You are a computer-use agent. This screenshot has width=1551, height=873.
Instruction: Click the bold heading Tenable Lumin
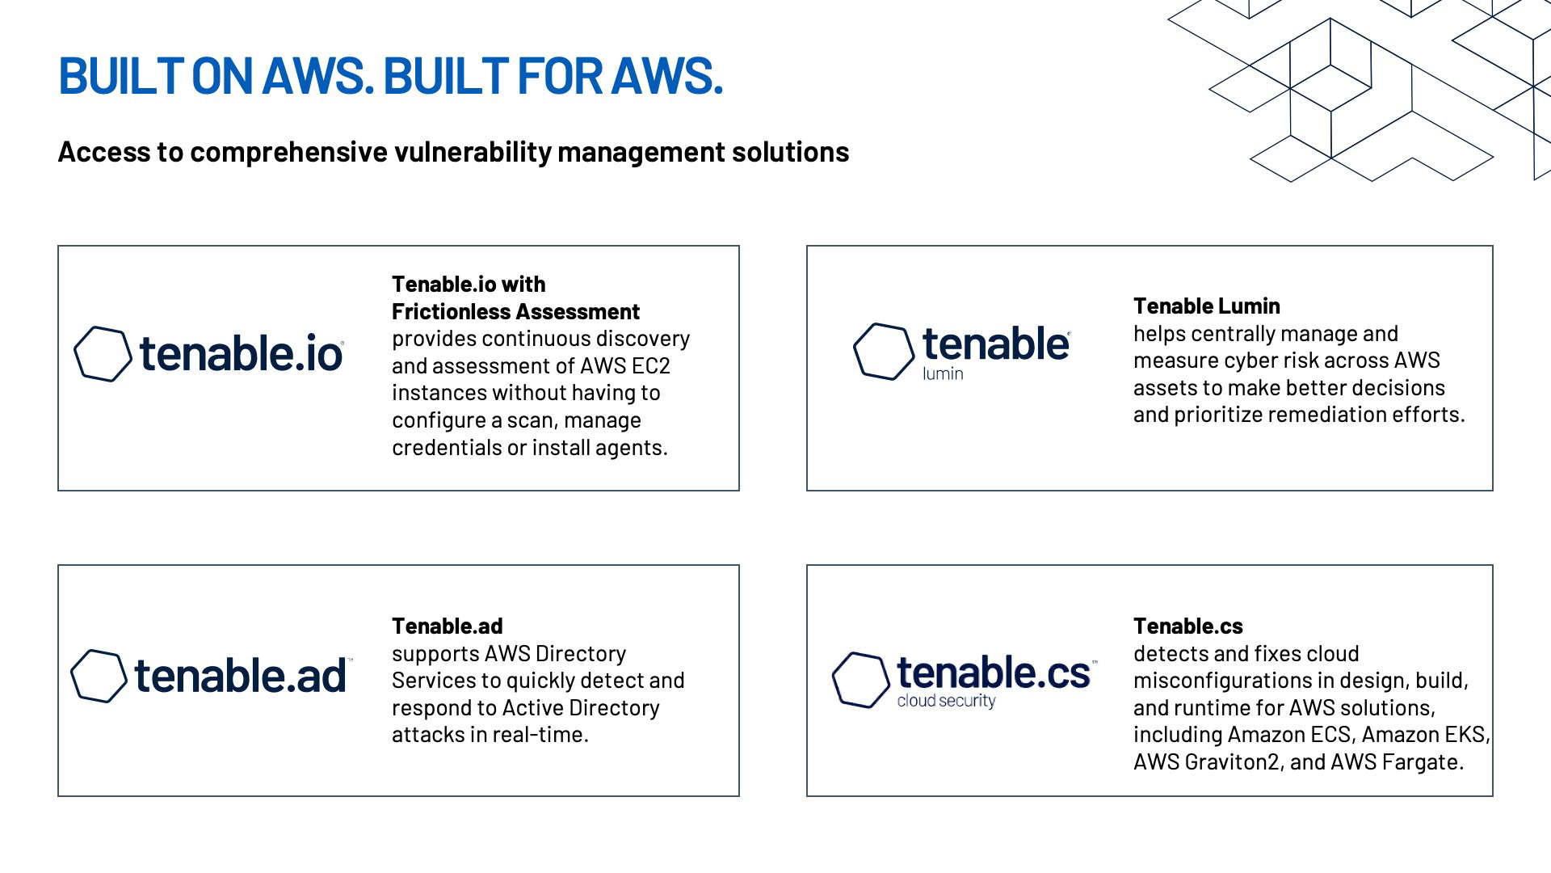click(x=1206, y=306)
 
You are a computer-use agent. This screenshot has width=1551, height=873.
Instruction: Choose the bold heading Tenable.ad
click(x=447, y=626)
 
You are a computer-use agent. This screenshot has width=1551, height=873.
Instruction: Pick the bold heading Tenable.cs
click(x=1187, y=626)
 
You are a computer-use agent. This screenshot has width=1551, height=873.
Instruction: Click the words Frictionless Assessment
click(x=515, y=312)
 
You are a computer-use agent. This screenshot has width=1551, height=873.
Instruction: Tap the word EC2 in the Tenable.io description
click(x=650, y=366)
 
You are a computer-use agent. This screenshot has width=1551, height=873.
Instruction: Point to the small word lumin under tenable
click(x=943, y=373)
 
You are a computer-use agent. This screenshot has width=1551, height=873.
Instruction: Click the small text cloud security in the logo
click(x=946, y=701)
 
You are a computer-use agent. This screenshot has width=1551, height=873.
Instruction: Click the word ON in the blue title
click(x=221, y=76)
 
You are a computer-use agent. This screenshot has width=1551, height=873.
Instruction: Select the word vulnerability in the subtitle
click(x=473, y=153)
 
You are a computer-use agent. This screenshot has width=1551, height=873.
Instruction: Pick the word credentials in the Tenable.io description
click(x=446, y=448)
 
